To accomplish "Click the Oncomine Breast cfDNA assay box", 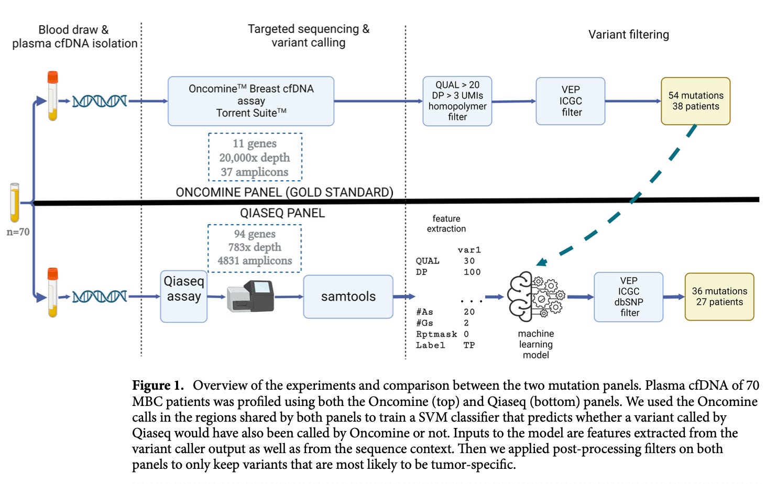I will tap(250, 101).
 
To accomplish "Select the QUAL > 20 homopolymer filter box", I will tap(457, 101).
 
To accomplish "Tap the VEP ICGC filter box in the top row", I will tap(571, 101).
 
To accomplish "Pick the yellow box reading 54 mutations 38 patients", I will tap(695, 101).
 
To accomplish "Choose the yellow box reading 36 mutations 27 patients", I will tap(719, 296).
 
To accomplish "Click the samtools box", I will tap(348, 296).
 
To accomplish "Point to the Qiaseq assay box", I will tap(184, 296).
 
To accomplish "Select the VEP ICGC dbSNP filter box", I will tap(628, 296).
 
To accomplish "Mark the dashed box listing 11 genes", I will tap(255, 157).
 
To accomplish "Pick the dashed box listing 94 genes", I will tap(255, 248).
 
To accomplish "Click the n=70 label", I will tap(18, 232).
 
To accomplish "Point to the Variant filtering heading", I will tap(628, 35).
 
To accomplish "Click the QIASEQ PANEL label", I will tap(282, 213).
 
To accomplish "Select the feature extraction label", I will tap(446, 224).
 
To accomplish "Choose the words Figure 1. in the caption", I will tap(158, 386).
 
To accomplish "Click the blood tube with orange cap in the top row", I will tap(52, 96).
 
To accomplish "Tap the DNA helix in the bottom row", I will tap(100, 296).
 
